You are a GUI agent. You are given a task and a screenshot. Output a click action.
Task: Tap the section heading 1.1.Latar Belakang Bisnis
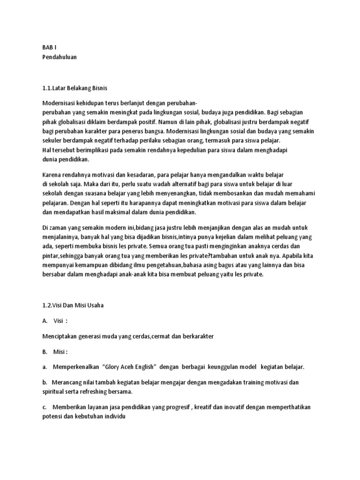pos(75,88)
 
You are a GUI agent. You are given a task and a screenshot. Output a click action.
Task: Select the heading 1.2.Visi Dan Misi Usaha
pos(72,305)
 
